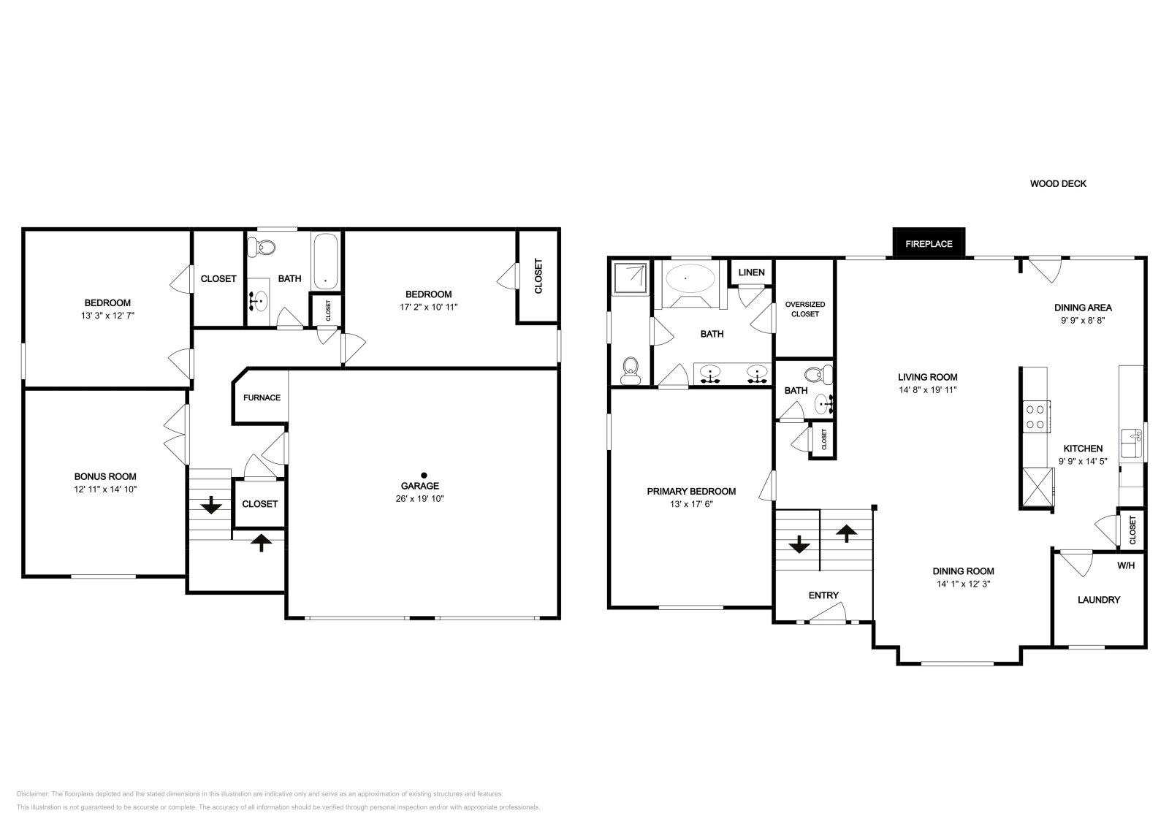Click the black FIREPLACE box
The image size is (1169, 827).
point(929,243)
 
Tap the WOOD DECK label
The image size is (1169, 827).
point(1057,184)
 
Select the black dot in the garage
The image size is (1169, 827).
point(423,475)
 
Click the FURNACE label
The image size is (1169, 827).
point(262,398)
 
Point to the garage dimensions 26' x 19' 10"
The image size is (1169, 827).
point(419,499)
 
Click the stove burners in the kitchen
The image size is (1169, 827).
point(1035,416)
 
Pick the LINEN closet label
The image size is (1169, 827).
point(751,273)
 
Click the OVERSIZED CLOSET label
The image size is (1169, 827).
point(804,309)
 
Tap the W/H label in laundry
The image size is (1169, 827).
point(1125,565)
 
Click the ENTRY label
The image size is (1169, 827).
point(823,595)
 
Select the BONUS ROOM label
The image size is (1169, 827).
point(104,476)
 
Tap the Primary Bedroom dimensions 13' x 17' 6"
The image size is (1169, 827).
point(691,504)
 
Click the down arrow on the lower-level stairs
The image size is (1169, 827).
point(212,504)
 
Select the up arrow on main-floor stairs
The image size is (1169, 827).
point(846,533)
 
